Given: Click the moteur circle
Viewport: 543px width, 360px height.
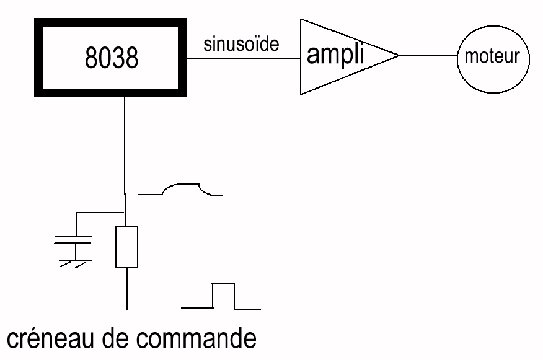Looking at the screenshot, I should (494, 57).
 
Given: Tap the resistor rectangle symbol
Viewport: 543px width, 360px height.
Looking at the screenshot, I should (126, 247).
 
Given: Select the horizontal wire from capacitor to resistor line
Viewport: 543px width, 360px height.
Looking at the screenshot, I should (99, 214).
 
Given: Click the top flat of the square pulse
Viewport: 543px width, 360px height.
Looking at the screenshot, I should (224, 283).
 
